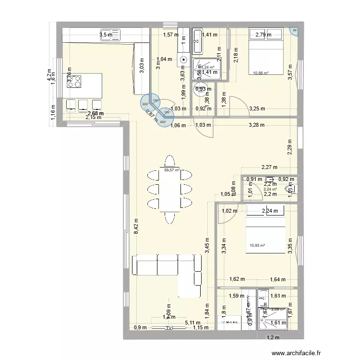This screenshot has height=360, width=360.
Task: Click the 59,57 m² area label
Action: (171, 169)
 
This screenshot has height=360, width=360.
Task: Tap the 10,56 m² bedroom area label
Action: (260, 73)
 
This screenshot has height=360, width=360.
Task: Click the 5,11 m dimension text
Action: (192, 323)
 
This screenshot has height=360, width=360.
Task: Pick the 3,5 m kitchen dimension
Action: (106, 35)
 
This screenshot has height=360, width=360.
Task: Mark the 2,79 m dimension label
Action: (263, 35)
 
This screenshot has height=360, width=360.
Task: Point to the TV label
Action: (168, 328)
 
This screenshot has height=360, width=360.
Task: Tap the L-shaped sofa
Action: (168, 269)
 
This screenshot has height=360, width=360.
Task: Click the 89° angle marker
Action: (295, 31)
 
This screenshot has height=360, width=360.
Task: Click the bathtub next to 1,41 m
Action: (197, 41)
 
